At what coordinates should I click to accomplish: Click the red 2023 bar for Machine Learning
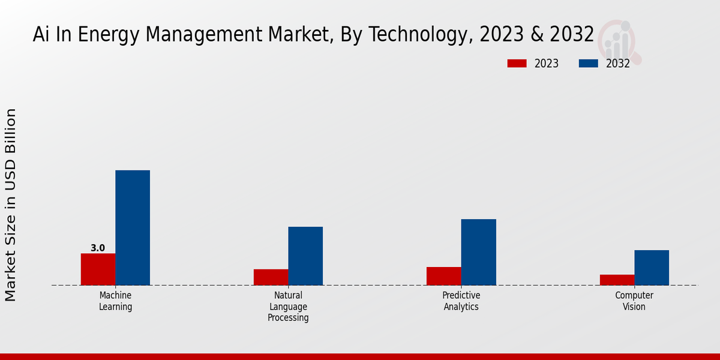[98, 269]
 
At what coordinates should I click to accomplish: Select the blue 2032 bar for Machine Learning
[133, 228]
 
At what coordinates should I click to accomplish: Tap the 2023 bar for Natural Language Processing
[271, 277]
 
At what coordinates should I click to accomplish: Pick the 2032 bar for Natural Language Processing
[305, 256]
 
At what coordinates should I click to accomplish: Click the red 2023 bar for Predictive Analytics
[443, 276]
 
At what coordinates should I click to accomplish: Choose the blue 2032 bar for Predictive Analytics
[478, 252]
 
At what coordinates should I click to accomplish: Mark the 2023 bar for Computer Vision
[617, 280]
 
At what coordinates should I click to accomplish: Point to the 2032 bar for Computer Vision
[652, 268]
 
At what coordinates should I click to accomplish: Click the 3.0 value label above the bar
[98, 248]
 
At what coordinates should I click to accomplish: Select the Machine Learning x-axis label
[115, 301]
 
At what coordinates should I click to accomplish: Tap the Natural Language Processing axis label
[288, 307]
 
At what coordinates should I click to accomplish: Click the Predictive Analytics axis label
[461, 301]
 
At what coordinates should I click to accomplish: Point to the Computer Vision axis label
[634, 301]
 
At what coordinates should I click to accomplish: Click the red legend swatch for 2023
[517, 64]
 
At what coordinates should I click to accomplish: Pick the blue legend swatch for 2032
[589, 64]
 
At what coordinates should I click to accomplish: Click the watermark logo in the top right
[618, 41]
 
